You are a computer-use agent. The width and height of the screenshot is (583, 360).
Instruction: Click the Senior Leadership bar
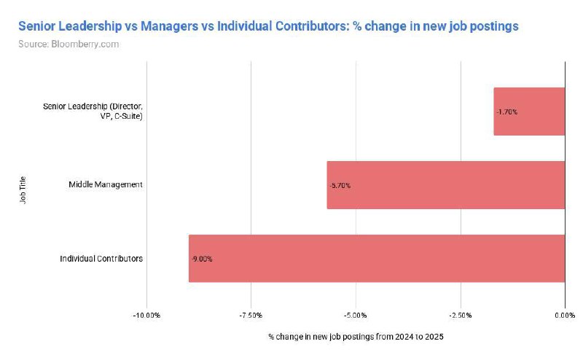[529, 111]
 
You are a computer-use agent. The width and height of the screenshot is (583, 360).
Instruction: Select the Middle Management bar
[445, 185]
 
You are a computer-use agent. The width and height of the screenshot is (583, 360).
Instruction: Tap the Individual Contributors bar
[377, 258]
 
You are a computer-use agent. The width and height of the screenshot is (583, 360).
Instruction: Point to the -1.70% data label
[506, 111]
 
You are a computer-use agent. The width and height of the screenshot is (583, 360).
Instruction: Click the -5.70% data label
[340, 185]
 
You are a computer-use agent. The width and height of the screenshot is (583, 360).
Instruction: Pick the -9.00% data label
[202, 259]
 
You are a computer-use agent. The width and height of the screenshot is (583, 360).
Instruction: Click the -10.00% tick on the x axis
[146, 316]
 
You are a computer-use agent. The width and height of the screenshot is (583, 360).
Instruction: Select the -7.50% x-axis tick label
[251, 316]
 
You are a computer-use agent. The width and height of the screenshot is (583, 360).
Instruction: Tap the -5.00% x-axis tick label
[356, 316]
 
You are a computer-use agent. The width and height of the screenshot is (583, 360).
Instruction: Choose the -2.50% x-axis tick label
[460, 316]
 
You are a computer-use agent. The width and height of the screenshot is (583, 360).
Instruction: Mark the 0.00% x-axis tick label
[564, 316]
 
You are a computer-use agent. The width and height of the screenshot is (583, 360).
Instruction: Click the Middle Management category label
[106, 184]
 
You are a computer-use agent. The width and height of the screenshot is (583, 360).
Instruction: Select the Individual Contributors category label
[101, 258]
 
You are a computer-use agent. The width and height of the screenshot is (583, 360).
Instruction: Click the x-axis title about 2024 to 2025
[356, 337]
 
